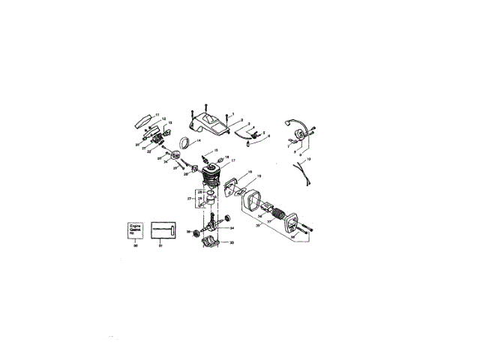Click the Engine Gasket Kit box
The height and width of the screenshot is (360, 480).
click(x=135, y=229)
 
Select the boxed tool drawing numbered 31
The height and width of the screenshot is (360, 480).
click(x=162, y=229)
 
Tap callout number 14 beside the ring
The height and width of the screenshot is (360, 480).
click(x=199, y=140)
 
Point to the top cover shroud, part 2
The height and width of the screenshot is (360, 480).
click(x=209, y=124)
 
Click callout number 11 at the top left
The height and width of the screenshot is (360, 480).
click(x=157, y=113)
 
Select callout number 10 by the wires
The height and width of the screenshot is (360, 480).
click(x=309, y=159)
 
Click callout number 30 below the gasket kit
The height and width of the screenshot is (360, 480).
click(x=135, y=245)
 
